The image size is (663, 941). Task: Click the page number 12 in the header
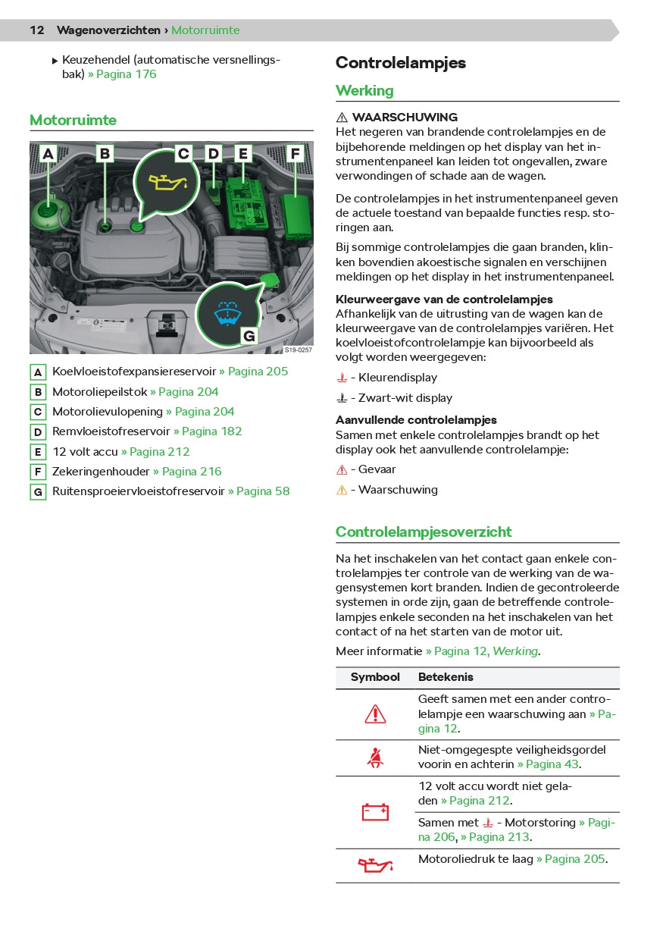tap(37, 30)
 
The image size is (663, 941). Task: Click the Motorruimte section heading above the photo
tap(73, 121)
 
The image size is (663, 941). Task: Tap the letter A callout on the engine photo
tap(48, 154)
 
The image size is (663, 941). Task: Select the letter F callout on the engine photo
tap(295, 154)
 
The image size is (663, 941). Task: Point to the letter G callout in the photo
tap(249, 336)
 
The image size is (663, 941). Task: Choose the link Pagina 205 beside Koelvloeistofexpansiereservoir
tap(254, 372)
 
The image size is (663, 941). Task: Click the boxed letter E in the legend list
tap(38, 452)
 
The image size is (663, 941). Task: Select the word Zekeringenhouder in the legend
tap(101, 472)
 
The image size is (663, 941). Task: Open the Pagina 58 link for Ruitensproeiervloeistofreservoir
tap(259, 491)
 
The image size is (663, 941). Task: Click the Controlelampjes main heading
tap(401, 63)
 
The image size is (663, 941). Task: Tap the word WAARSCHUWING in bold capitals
tap(405, 118)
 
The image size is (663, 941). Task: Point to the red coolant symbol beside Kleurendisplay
tap(342, 378)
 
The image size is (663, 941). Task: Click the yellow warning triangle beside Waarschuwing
tap(342, 491)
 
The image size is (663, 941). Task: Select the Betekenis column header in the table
tap(446, 677)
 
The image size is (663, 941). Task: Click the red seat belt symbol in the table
tap(375, 758)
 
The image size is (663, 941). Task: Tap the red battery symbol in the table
tap(375, 812)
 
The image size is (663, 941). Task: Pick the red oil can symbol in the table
tap(375, 864)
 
